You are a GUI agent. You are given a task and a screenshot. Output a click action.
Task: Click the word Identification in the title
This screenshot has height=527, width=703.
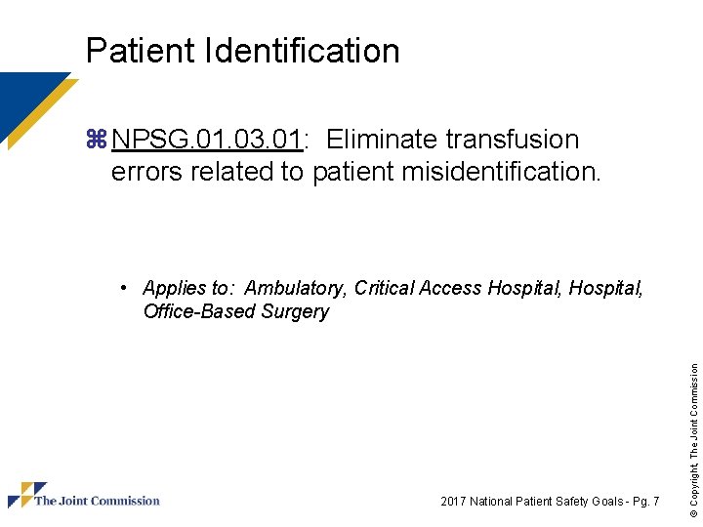pyautogui.click(x=304, y=51)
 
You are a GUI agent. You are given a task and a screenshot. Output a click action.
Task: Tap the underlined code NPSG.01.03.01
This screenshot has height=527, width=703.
pyautogui.click(x=206, y=141)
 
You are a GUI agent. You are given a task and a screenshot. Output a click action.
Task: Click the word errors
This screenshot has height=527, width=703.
pyautogui.click(x=146, y=172)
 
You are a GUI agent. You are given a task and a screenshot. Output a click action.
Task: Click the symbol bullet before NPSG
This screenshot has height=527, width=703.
pyautogui.click(x=96, y=141)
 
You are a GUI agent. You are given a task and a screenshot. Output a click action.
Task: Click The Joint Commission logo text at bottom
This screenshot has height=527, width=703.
pyautogui.click(x=97, y=501)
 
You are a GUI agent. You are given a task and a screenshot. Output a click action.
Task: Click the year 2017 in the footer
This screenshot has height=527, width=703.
pyautogui.click(x=454, y=502)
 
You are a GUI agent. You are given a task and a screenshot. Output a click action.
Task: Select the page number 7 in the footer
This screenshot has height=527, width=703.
pyautogui.click(x=656, y=502)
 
